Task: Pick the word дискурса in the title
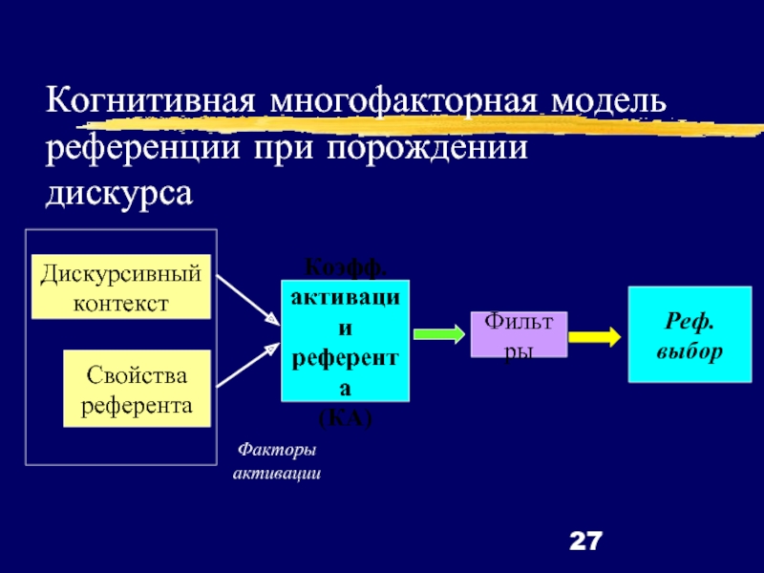119,194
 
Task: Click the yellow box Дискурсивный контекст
121,286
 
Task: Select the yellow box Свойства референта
136,388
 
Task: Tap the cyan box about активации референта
345,340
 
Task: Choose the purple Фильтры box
519,334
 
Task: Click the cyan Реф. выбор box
689,334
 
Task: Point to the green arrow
437,334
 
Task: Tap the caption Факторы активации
277,461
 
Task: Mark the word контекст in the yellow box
121,304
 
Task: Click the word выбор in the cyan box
689,350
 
